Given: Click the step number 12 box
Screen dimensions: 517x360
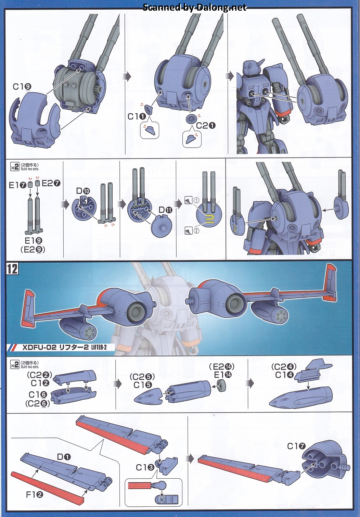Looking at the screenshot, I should tap(12, 269).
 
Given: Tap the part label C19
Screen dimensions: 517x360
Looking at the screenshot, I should tap(22, 87).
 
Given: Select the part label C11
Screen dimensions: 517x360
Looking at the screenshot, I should tap(137, 116).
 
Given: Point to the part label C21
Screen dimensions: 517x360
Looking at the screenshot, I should tap(206, 126).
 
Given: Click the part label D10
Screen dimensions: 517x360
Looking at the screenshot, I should tap(83, 191).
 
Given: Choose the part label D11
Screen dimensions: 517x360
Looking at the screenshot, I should tap(165, 210).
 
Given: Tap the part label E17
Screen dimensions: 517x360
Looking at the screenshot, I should tap(17, 185).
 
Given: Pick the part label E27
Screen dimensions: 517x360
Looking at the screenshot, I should tap(51, 183).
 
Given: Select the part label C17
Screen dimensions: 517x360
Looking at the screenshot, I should tap(296, 446).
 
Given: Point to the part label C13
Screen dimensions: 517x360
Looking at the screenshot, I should tap(145, 467).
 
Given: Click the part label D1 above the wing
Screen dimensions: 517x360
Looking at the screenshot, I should tap(64, 457).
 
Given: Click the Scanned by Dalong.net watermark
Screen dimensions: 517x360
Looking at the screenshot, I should tap(194, 8).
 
